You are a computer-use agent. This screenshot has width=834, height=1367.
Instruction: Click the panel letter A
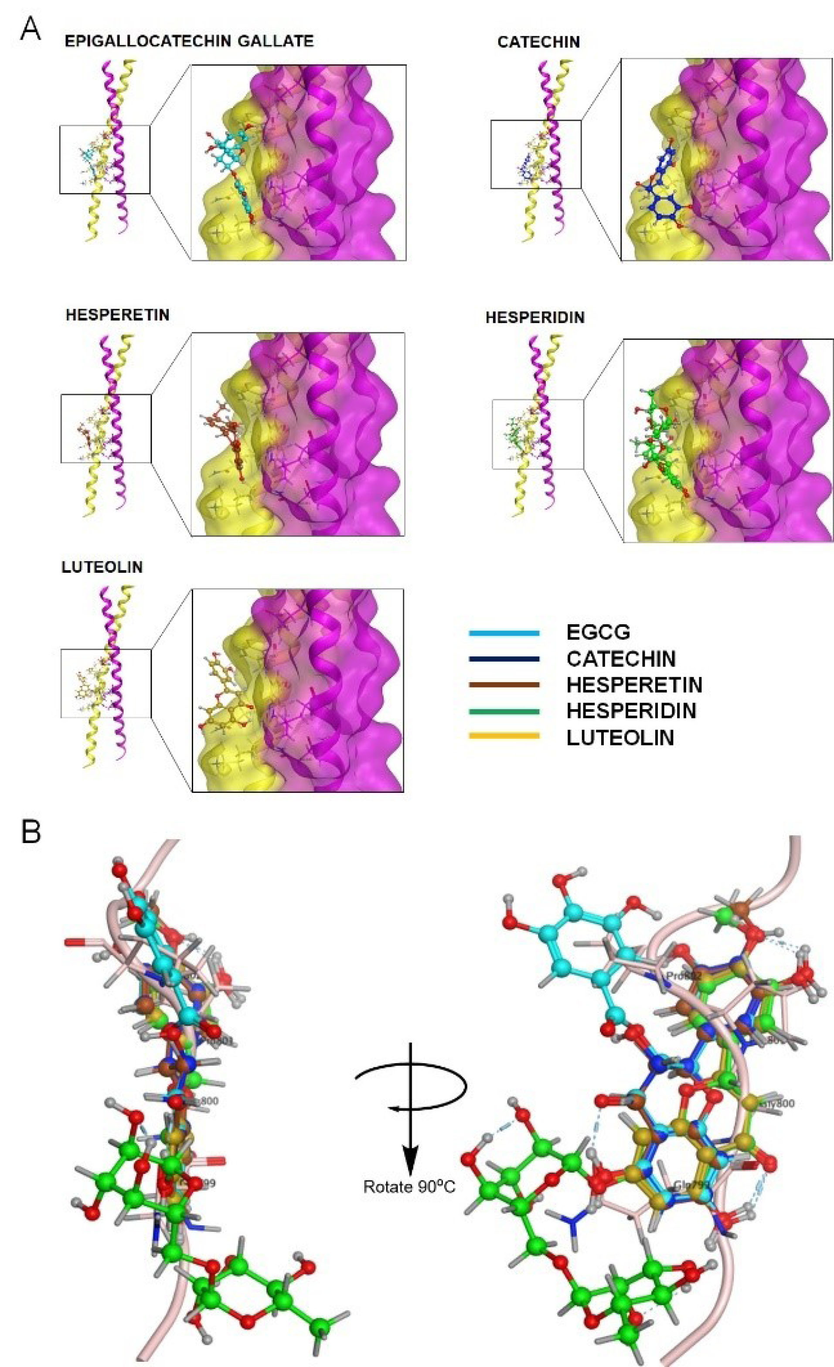pyautogui.click(x=30, y=29)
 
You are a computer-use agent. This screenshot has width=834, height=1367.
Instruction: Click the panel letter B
pyautogui.click(x=31, y=832)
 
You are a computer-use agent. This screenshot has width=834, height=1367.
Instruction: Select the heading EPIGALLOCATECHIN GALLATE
pyautogui.click(x=189, y=41)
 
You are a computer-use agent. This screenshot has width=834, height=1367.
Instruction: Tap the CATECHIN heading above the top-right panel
pyautogui.click(x=538, y=42)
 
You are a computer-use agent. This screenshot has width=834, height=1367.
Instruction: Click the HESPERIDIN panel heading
pyautogui.click(x=535, y=317)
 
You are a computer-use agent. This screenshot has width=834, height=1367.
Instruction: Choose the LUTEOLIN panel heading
pyautogui.click(x=102, y=567)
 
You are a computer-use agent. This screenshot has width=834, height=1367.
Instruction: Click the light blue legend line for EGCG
pyautogui.click(x=504, y=633)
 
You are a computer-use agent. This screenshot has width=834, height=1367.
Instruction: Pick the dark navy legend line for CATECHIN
pyautogui.click(x=504, y=659)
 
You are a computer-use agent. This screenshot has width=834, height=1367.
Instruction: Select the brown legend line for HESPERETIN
pyautogui.click(x=504, y=685)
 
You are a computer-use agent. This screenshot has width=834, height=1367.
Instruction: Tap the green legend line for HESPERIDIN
pyautogui.click(x=504, y=711)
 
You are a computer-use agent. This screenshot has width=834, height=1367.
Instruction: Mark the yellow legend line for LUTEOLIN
pyautogui.click(x=504, y=737)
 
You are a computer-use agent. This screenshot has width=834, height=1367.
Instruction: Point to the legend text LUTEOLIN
pyautogui.click(x=620, y=738)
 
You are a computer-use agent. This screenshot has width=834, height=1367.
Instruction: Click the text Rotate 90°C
pyautogui.click(x=409, y=1187)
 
